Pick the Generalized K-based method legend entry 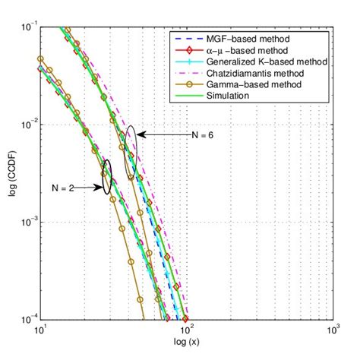[263, 62]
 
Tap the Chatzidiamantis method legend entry [257, 73]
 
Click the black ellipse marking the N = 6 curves [131, 142]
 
